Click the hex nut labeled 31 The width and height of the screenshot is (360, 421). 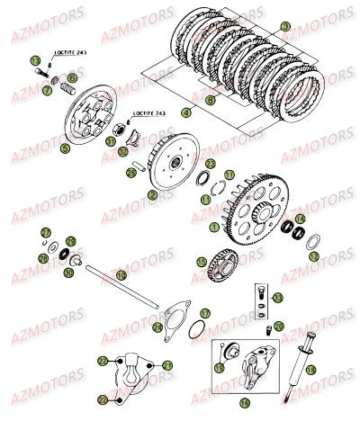(112, 142)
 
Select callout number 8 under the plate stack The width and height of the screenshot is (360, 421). (211, 102)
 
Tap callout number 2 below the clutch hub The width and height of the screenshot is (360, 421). (153, 194)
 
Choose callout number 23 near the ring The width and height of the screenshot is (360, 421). (210, 165)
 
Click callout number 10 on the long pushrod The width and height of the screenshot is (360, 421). (117, 277)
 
